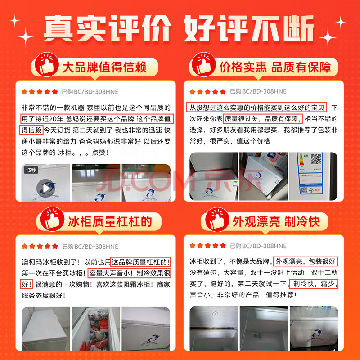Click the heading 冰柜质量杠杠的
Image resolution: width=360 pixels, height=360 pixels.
pyautogui.click(x=109, y=221)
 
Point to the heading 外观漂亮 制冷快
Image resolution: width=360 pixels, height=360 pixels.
pyautogui.click(x=276, y=221)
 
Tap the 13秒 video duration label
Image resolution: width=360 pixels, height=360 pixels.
pyautogui.click(x=31, y=170)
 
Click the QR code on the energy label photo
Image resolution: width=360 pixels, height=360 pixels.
pyautogui.click(x=316, y=160)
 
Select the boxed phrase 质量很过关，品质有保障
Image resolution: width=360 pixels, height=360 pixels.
pyautogui.click(x=263, y=119)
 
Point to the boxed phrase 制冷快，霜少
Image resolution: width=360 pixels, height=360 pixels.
pyautogui.click(x=313, y=284)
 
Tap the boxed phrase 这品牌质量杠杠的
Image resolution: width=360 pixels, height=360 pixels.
pyautogui.click(x=140, y=261)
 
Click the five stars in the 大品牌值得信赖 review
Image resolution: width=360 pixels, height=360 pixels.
pyautogui.click(x=40, y=92)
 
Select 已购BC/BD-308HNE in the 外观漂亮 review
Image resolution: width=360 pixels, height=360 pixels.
pyautogui.click(x=258, y=246)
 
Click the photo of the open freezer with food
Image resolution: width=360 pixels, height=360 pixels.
pyautogui.click(x=96, y=332)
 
